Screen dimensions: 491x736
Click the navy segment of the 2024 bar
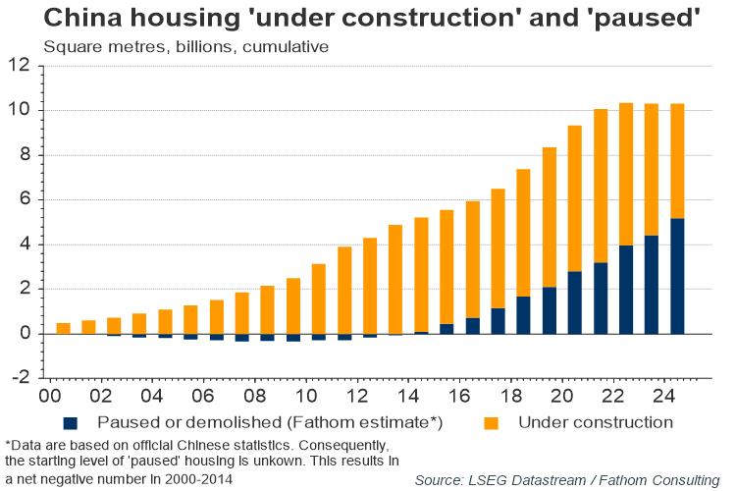tap(677, 276)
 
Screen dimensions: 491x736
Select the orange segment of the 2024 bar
tap(677, 161)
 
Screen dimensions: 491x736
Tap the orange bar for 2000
tap(63, 328)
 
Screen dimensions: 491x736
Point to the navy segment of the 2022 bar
tap(626, 290)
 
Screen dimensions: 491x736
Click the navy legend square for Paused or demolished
tap(70, 423)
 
